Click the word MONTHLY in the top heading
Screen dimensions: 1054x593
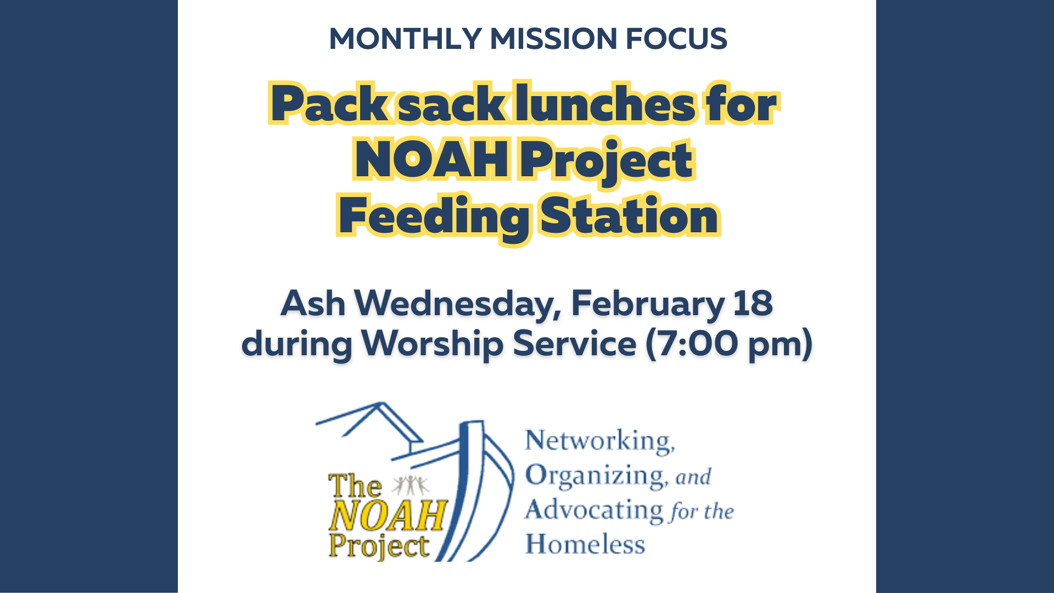tap(406, 38)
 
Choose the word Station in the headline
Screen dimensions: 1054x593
tap(629, 215)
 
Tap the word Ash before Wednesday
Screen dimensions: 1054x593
tap(313, 303)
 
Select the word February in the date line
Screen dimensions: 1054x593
tap(648, 304)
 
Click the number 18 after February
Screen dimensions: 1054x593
tap(753, 303)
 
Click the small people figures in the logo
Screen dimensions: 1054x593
tap(411, 485)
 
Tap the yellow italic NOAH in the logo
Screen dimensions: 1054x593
tap(388, 516)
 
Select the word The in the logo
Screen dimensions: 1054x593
tap(355, 486)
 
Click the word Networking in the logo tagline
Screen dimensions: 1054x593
tap(599, 441)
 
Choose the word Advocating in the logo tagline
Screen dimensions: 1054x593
tap(594, 511)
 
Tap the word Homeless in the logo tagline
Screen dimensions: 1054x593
tap(585, 544)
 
